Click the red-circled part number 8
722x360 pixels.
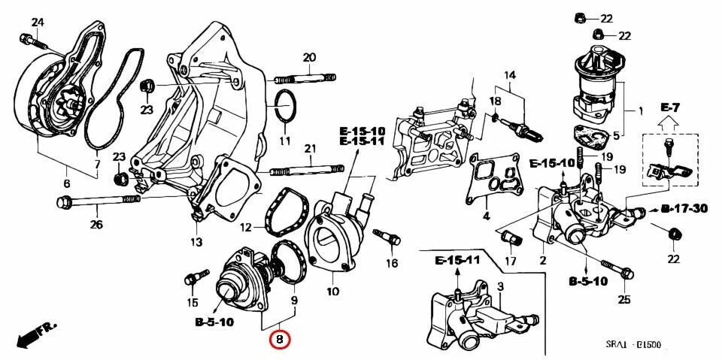[x=279, y=339]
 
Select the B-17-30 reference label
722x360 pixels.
[x=684, y=208]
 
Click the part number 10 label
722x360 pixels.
[x=333, y=291]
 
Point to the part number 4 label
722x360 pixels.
[x=486, y=216]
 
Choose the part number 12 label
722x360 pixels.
[x=246, y=226]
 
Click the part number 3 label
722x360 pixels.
[x=499, y=287]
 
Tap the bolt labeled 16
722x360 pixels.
[x=391, y=240]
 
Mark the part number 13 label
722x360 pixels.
[x=196, y=242]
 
